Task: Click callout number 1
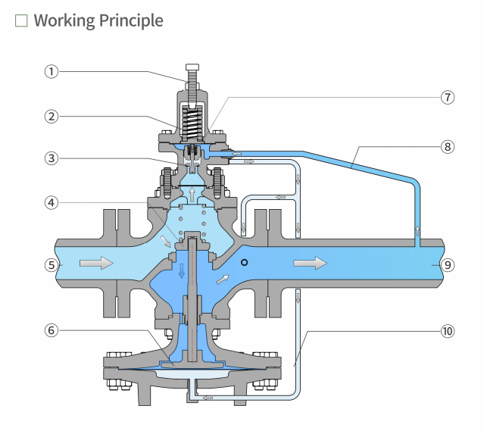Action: tap(52, 72)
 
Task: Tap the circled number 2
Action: tap(52, 117)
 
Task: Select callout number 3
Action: tap(52, 158)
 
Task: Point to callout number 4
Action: tap(52, 203)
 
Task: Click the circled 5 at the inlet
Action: tap(52, 265)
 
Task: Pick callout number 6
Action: tap(52, 330)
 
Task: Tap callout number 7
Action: tap(448, 98)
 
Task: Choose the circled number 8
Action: tap(448, 147)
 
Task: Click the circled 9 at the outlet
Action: tap(448, 265)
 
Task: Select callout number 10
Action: tap(448, 330)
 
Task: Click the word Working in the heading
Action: tap(64, 20)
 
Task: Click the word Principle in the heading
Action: tap(131, 20)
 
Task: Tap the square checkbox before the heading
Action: tap(21, 21)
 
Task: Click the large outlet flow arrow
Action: tap(311, 264)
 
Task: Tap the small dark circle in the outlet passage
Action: tap(244, 262)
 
